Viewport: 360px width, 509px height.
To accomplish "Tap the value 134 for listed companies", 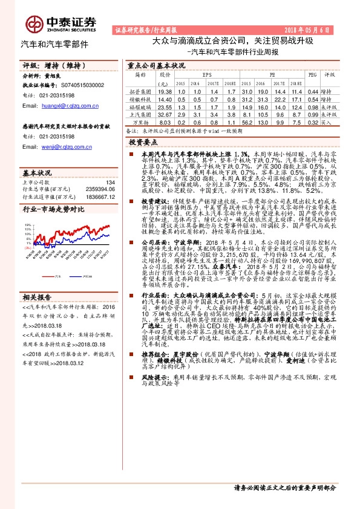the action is tap(110, 182).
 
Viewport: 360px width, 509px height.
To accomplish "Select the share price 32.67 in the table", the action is tap(163, 113).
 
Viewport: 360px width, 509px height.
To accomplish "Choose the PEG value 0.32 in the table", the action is tap(312, 121).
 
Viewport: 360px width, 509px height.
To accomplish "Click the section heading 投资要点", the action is tap(143, 141).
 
